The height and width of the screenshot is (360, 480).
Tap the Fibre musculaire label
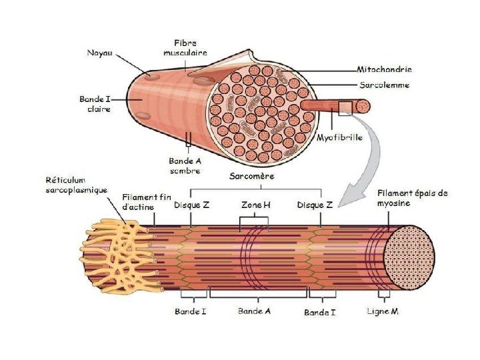point(190,47)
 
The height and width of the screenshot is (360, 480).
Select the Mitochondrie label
point(384,69)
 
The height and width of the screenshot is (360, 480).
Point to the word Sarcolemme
point(384,85)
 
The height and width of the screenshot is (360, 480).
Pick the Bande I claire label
point(94,104)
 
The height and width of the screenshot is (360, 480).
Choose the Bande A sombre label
point(184,166)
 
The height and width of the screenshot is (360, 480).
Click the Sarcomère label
point(251,177)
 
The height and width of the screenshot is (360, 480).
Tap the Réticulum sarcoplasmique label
point(76,185)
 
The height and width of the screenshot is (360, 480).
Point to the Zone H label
point(256,205)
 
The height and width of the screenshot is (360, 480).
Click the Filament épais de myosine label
point(412,198)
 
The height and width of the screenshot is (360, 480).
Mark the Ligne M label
point(383,311)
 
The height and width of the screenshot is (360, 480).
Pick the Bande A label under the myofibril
point(254,311)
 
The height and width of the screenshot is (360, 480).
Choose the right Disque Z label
point(315,205)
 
